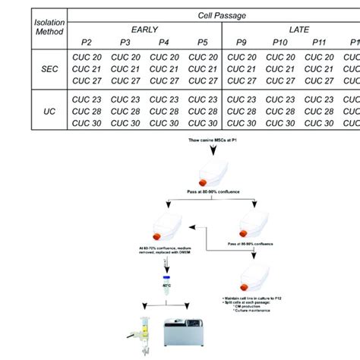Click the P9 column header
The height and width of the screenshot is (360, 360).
click(x=242, y=43)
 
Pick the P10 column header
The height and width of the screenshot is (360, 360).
click(x=279, y=43)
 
